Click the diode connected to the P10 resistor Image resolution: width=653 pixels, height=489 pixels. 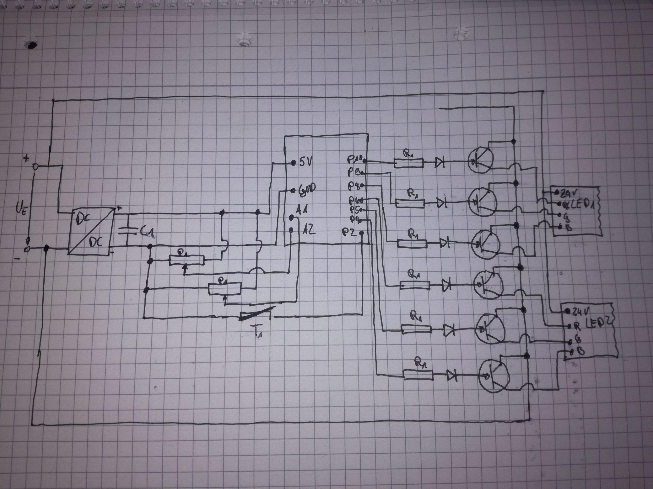[440, 162]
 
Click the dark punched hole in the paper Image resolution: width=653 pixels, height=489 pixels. [31, 46]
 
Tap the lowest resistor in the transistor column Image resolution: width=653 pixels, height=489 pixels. [418, 375]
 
